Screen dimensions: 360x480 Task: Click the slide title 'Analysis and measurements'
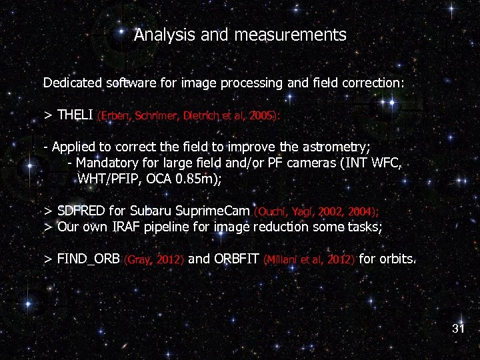(x=240, y=35)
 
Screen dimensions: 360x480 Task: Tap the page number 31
(x=458, y=328)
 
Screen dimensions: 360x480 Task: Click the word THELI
(x=75, y=115)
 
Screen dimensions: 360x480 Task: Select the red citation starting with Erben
(x=189, y=115)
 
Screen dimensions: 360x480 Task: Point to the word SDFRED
(x=81, y=211)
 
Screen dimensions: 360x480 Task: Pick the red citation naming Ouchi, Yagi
(x=317, y=211)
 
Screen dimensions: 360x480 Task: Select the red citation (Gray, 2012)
(x=154, y=259)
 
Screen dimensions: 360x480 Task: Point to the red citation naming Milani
(x=309, y=259)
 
